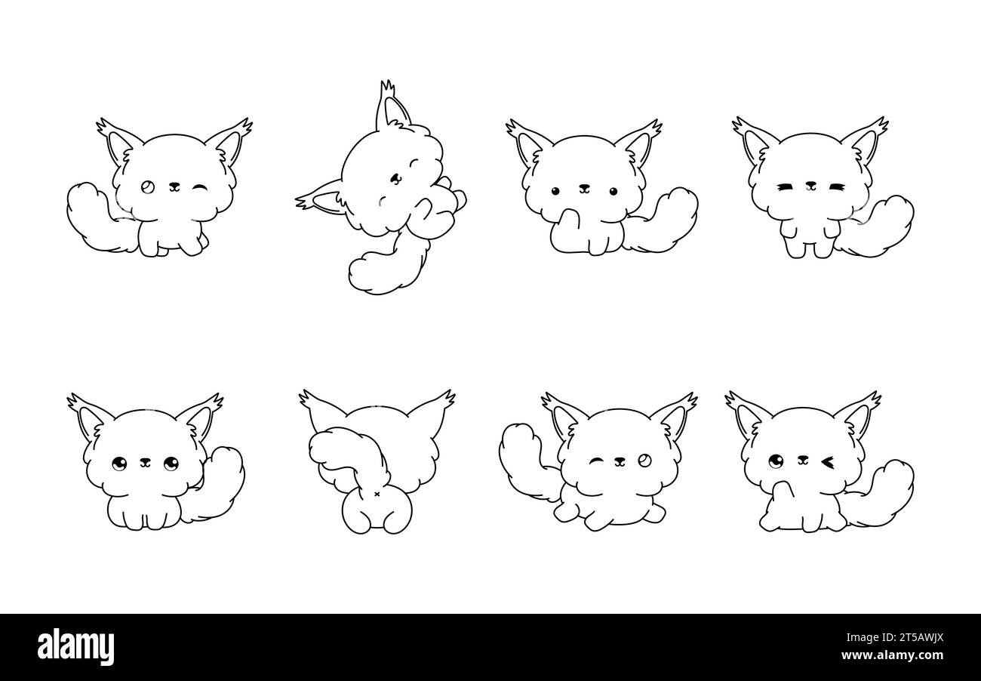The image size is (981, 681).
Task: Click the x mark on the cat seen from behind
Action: [x=377, y=495]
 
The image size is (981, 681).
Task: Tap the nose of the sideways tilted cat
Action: [x=395, y=178]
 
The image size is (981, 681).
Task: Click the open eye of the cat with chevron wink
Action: [x=775, y=460]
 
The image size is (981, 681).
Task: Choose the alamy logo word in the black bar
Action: [x=75, y=647]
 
